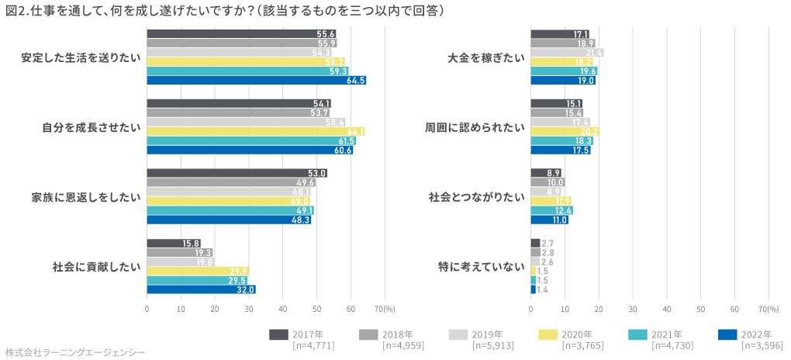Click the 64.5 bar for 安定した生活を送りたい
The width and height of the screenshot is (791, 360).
[x=256, y=81]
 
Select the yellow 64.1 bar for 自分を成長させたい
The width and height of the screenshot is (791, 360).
[x=255, y=132]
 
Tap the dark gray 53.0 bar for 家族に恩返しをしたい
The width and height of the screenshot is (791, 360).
[x=237, y=173]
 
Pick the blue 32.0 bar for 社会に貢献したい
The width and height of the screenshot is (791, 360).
[x=201, y=290]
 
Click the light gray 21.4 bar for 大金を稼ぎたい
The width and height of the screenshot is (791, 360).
[x=567, y=53]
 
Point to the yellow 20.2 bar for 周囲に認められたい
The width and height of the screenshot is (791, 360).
[x=565, y=132]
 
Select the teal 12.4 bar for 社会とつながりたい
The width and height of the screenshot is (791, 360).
[x=551, y=210]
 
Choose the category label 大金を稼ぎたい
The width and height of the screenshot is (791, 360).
[x=486, y=57]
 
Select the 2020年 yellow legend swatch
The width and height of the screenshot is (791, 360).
[x=547, y=334]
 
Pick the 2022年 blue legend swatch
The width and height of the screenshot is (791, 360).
[x=727, y=334]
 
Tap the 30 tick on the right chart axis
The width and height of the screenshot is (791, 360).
[x=633, y=308]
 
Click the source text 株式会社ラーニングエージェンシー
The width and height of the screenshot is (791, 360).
[x=74, y=352]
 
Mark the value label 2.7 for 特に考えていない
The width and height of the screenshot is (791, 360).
[x=547, y=243]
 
